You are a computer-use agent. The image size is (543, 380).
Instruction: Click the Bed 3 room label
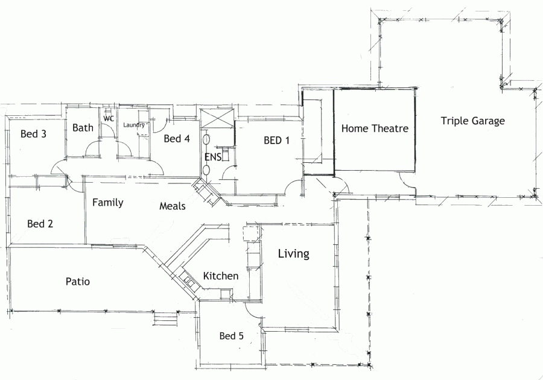click(x=33, y=134)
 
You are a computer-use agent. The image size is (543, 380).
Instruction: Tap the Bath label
click(x=83, y=127)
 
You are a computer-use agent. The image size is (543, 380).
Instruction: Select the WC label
click(x=109, y=118)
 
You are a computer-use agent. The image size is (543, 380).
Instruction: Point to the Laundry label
click(x=134, y=125)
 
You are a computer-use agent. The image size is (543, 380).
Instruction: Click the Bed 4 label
click(x=177, y=139)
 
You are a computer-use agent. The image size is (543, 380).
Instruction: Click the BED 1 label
click(x=277, y=141)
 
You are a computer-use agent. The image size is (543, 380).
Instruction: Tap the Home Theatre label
click(x=375, y=128)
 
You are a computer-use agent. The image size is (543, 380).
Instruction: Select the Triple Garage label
click(x=472, y=121)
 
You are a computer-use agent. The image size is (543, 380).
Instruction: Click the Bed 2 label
click(x=40, y=224)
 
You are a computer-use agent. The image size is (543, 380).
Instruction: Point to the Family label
click(x=108, y=203)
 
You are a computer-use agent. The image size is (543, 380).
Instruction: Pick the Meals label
click(x=172, y=206)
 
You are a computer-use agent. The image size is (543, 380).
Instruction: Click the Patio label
click(x=78, y=281)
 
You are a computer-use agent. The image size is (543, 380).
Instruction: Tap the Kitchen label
click(x=220, y=276)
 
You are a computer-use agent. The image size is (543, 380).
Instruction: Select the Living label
click(x=293, y=254)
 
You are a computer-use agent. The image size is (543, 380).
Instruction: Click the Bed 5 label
click(x=231, y=336)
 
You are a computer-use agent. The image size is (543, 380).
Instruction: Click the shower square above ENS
click(x=215, y=119)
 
